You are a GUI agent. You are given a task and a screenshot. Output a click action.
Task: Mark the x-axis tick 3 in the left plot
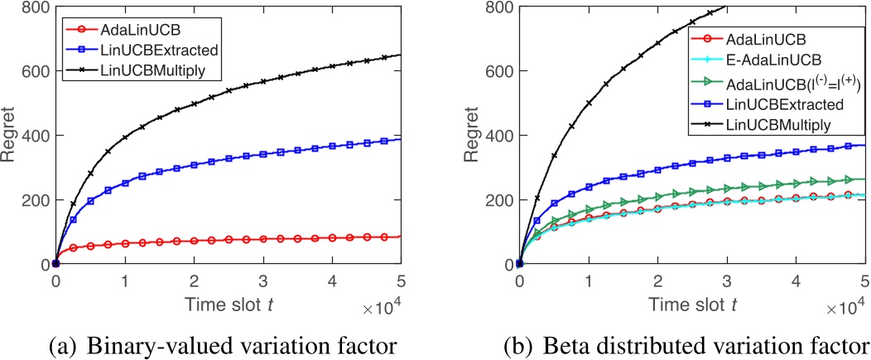coord(263,280)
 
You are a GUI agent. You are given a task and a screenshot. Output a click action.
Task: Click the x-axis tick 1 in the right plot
coord(588,280)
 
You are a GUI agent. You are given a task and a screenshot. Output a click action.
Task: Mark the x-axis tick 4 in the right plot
coord(796,280)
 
